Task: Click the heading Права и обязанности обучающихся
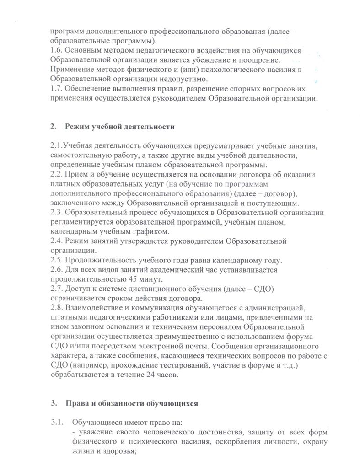click(x=132, y=404)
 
